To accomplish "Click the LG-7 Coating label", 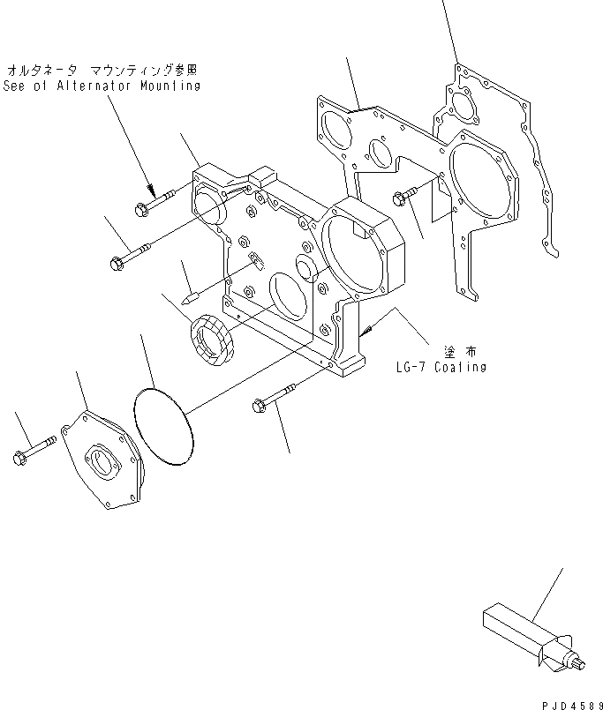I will coord(441,366).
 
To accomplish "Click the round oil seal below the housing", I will coord(211,340).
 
